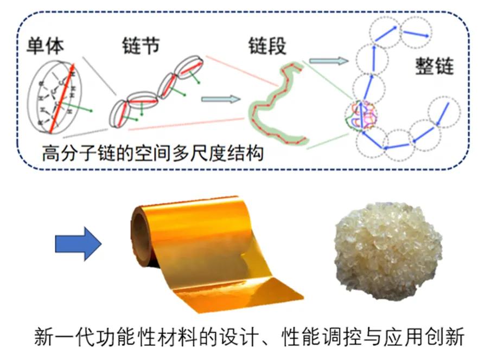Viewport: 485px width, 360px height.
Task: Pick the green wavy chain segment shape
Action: [274, 108]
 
